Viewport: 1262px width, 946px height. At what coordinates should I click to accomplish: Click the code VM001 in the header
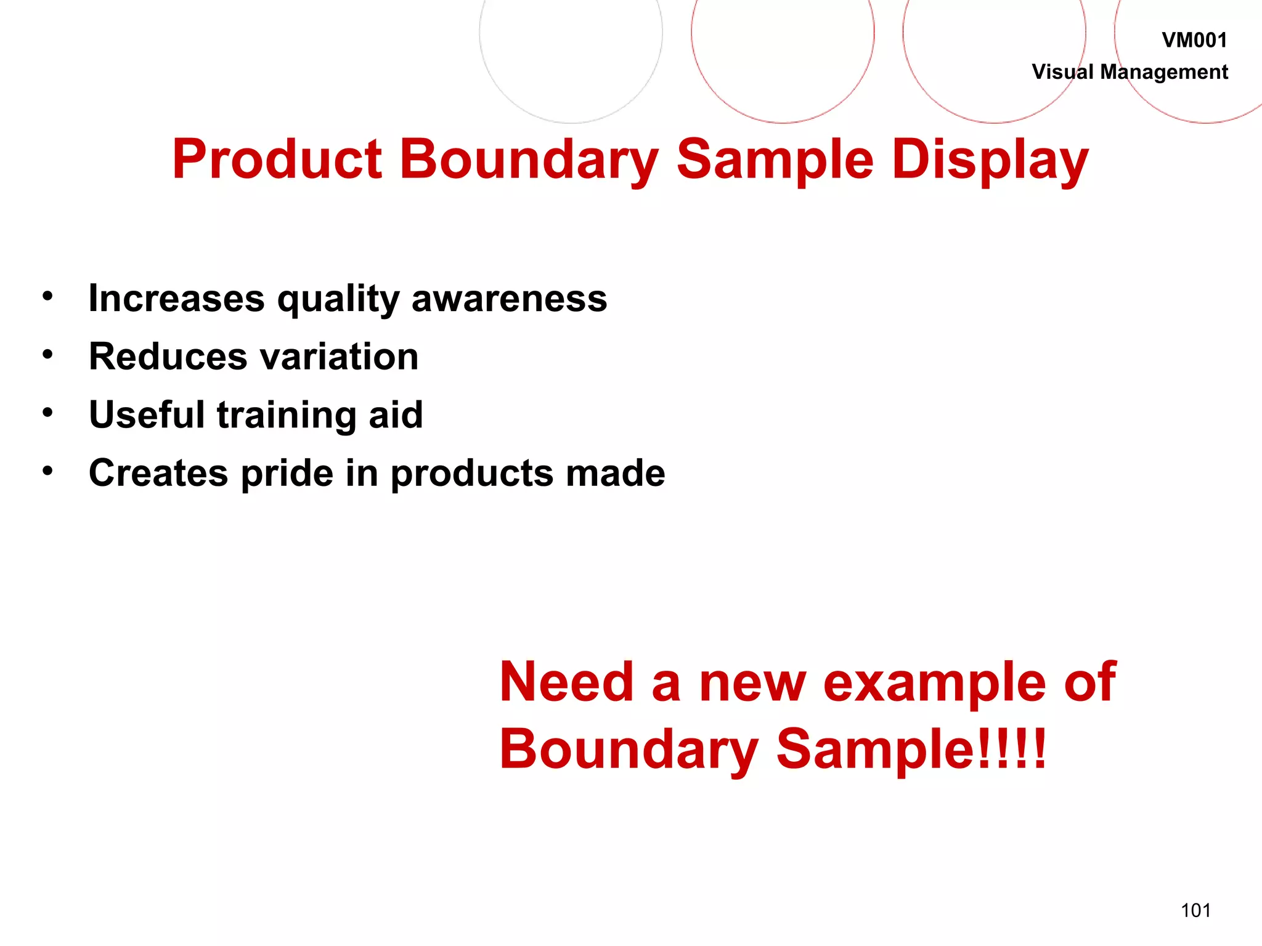click(1194, 41)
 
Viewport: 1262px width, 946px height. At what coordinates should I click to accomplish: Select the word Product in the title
click(277, 160)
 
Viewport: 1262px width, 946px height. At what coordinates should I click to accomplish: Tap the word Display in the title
click(990, 160)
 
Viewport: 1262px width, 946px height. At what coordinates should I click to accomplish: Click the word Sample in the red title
click(775, 160)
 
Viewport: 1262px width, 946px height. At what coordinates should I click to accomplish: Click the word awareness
click(509, 299)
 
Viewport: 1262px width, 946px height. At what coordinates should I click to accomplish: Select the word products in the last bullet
click(472, 474)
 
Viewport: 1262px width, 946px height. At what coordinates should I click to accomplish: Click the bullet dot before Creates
click(47, 471)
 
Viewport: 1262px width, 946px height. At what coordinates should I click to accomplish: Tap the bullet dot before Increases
click(47, 296)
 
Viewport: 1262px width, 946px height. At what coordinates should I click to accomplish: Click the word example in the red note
click(934, 682)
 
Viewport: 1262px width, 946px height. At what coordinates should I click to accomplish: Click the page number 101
click(1195, 910)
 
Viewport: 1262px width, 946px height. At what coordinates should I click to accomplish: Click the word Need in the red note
click(566, 682)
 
